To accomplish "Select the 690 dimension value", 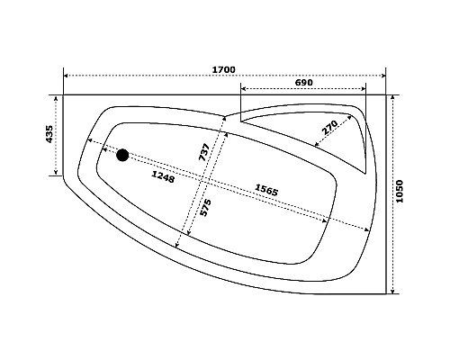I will pyautogui.click(x=304, y=82).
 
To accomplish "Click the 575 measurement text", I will pyautogui.click(x=206, y=208).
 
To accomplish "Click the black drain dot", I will pyautogui.click(x=122, y=155).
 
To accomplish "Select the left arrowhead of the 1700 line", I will pyautogui.click(x=66, y=76).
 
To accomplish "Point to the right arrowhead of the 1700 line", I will pyautogui.click(x=383, y=76).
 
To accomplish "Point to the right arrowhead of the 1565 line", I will pyautogui.click(x=327, y=220).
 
